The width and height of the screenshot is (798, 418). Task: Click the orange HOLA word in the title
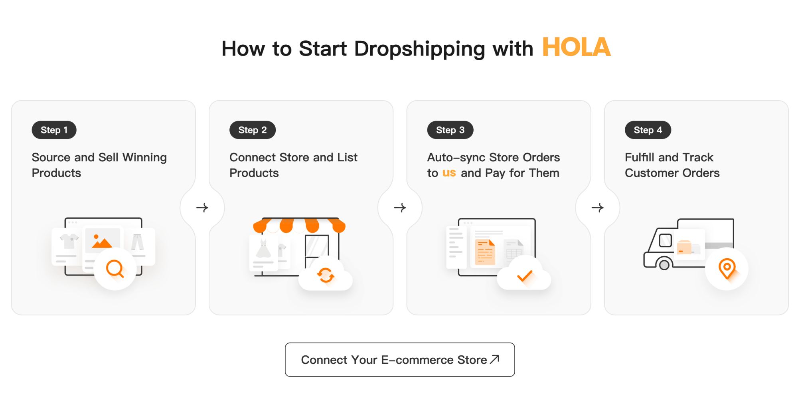tap(576, 48)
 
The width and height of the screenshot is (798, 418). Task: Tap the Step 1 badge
tap(54, 130)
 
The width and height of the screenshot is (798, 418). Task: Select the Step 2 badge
tap(252, 130)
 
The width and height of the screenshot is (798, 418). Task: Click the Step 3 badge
tap(450, 130)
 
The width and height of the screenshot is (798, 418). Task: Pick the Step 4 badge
tap(648, 130)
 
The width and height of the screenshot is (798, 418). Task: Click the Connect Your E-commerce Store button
tap(399, 360)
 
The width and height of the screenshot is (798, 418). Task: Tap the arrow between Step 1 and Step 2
tap(202, 208)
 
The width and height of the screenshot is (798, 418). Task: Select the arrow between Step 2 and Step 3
tap(400, 208)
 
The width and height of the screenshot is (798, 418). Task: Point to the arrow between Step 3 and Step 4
tap(597, 208)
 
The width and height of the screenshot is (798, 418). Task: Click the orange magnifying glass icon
tap(115, 269)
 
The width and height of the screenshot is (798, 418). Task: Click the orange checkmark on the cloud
tap(524, 276)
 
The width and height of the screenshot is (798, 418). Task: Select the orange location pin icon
tap(727, 268)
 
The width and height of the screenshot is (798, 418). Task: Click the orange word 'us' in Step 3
tap(449, 173)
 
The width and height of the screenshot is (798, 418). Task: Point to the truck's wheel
tap(664, 265)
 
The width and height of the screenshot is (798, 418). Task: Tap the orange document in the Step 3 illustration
tap(485, 252)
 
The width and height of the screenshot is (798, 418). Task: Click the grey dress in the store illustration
tap(263, 249)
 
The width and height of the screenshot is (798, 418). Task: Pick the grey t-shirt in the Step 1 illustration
tap(69, 241)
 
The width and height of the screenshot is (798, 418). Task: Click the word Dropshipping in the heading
tap(419, 49)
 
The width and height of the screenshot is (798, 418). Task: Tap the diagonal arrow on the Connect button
tap(494, 359)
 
